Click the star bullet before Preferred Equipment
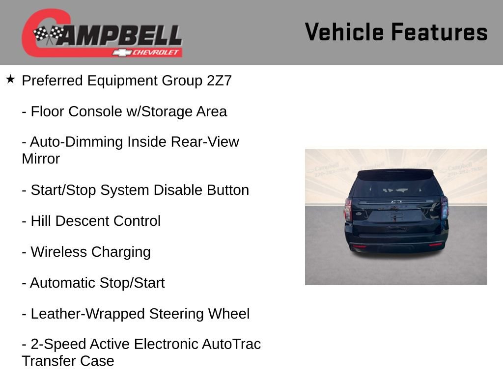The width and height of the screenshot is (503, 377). (x=10, y=79)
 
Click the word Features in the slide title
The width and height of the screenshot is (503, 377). (x=439, y=32)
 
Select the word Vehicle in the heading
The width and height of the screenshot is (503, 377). (x=344, y=32)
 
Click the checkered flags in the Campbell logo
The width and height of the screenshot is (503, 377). (x=48, y=34)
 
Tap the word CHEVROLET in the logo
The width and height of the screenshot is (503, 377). (x=156, y=53)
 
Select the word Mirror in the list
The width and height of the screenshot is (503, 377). (x=41, y=159)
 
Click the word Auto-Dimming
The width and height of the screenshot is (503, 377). (x=76, y=142)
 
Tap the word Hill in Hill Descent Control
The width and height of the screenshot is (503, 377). (x=41, y=221)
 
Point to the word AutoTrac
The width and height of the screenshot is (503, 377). (x=231, y=345)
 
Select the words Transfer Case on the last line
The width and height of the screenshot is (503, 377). (x=68, y=361)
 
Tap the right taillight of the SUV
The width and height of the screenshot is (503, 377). (x=444, y=208)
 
